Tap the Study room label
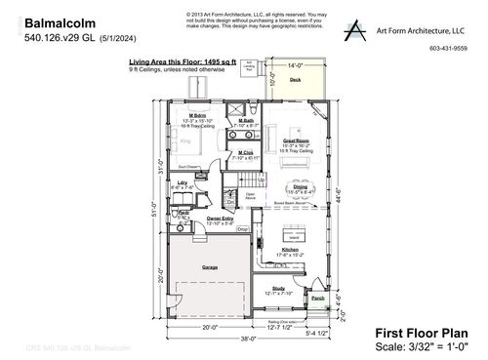pos(278,288)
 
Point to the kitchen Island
pos(292,234)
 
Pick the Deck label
pos(295,79)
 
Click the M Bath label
pos(246,121)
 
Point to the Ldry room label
pos(183,182)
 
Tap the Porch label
pos(317,299)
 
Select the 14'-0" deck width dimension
pos(295,65)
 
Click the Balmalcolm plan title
pos(54,20)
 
